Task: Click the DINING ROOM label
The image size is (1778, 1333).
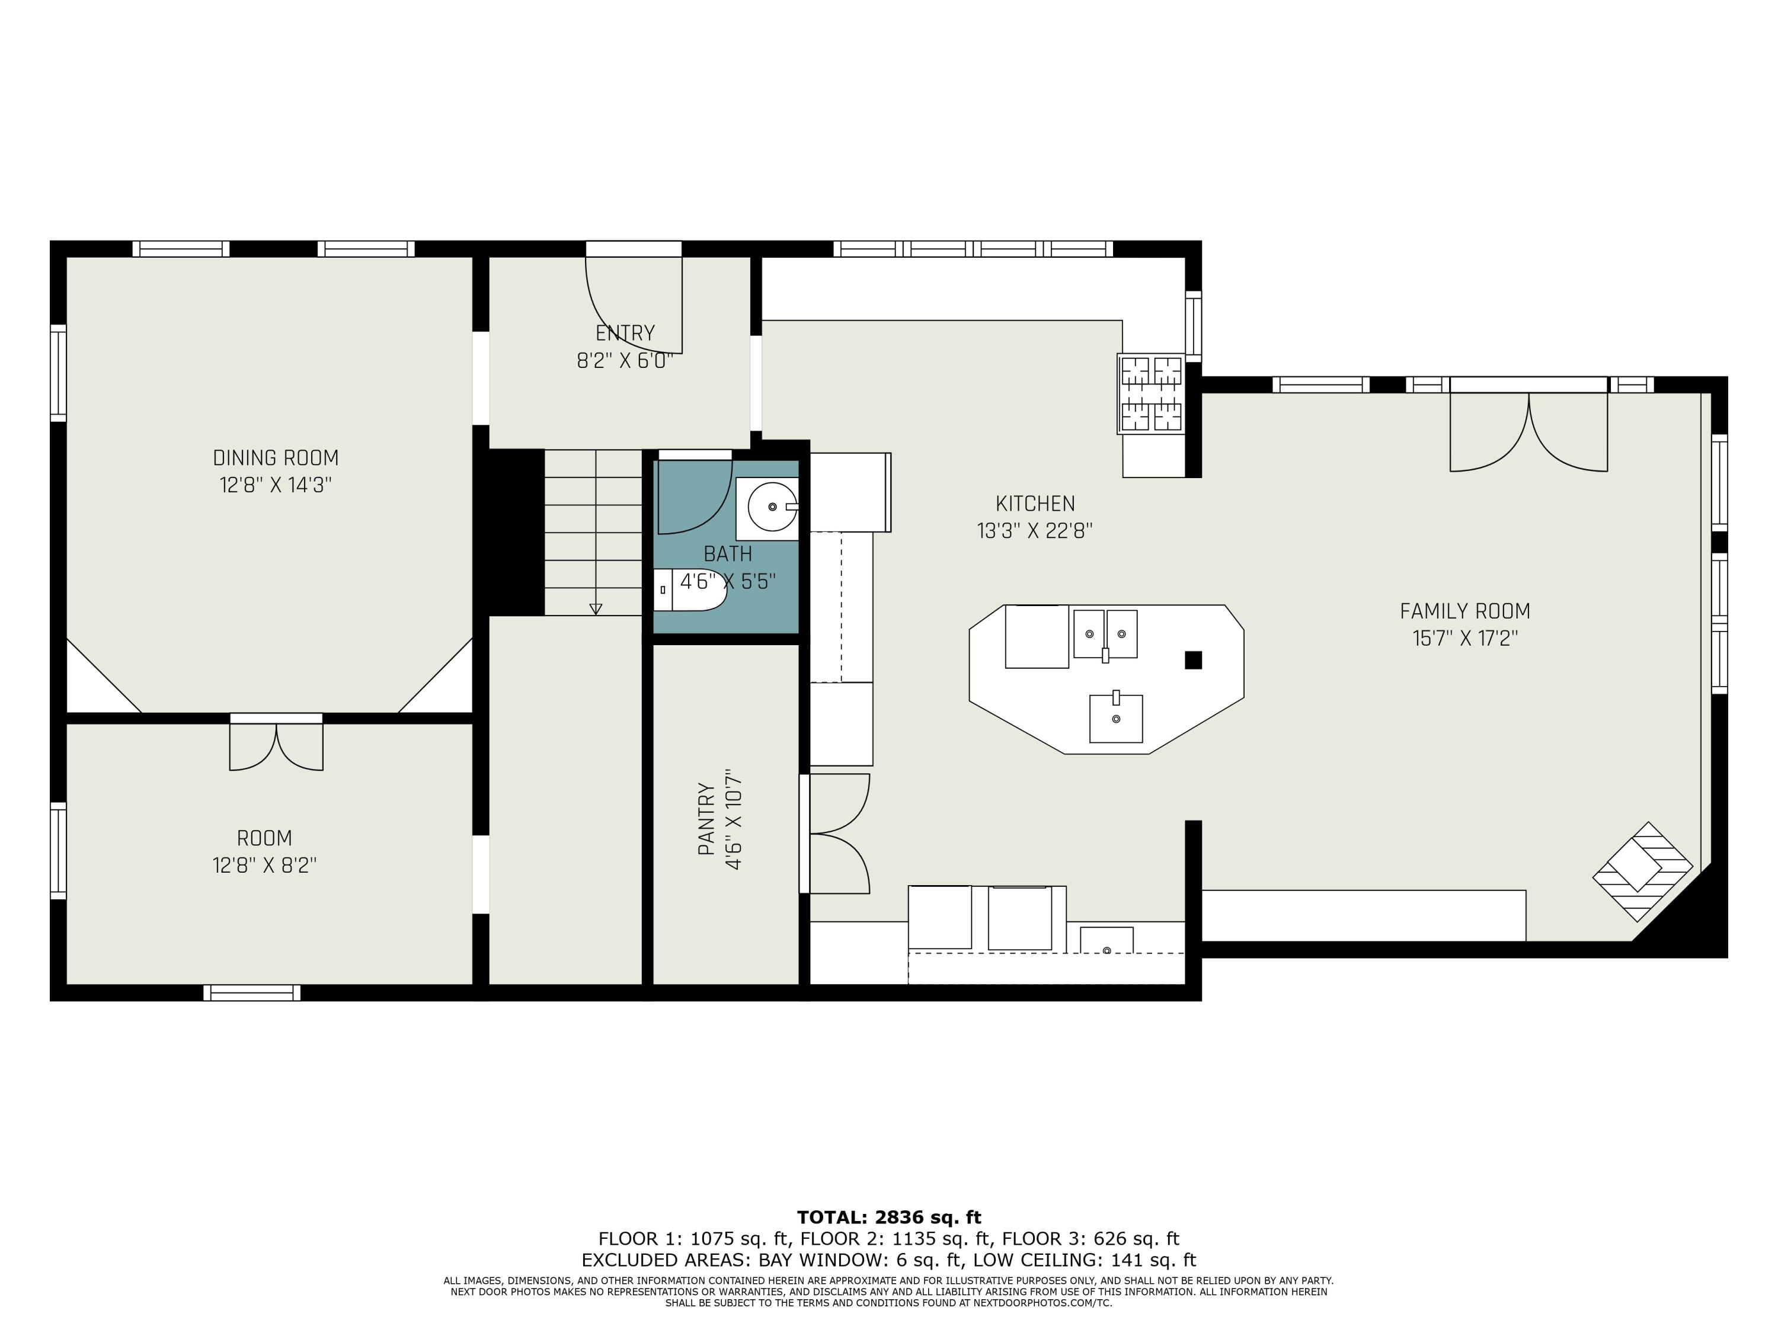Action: tap(276, 458)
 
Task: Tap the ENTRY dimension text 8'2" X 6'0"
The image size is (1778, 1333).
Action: tap(625, 361)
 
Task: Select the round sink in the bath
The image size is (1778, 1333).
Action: tap(772, 507)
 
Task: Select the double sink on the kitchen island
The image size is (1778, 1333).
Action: tap(1105, 634)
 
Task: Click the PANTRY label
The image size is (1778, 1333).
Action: tap(706, 819)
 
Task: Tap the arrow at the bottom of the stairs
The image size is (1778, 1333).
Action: tap(596, 608)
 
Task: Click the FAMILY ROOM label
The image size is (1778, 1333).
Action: tap(1464, 611)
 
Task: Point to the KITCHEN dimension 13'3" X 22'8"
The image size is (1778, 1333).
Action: tap(1034, 531)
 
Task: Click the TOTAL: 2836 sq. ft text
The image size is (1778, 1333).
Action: tap(888, 1217)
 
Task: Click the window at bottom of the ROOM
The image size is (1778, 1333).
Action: tap(252, 992)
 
